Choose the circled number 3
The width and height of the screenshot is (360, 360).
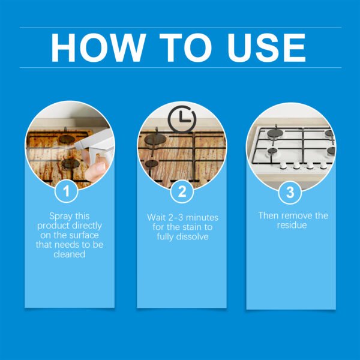pyautogui.click(x=290, y=193)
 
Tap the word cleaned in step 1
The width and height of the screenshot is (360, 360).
pyautogui.click(x=70, y=254)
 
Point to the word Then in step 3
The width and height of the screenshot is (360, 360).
pyautogui.click(x=269, y=215)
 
